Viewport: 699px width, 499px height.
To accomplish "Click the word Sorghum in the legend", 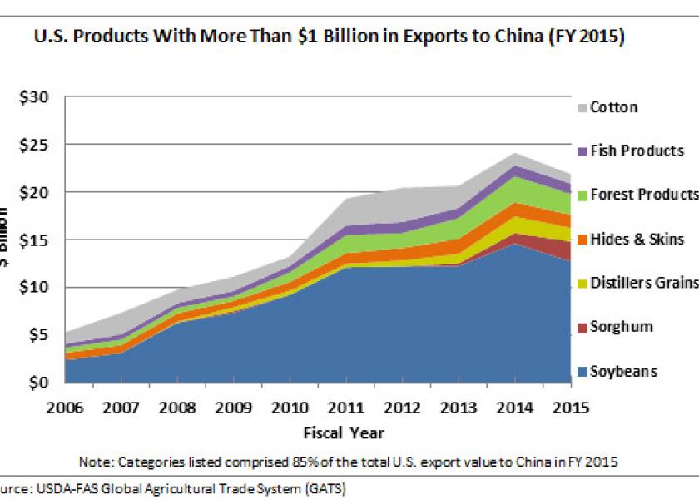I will point(622,328).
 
